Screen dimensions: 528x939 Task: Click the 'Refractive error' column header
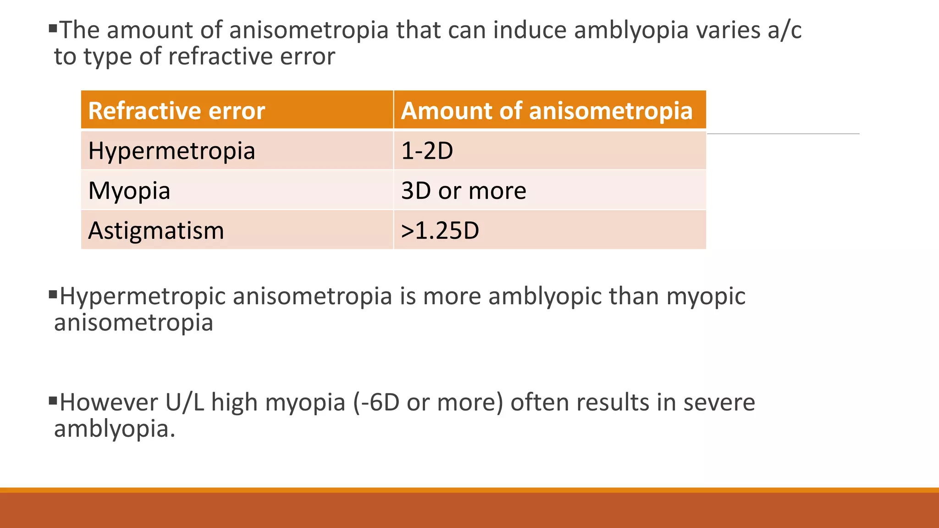click(177, 111)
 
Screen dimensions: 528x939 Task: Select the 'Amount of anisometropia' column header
click(547, 111)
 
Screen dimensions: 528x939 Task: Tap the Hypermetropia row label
click(171, 151)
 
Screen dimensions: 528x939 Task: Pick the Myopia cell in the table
click(129, 191)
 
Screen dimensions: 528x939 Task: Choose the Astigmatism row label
click(156, 231)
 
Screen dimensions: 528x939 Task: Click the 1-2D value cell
click(427, 151)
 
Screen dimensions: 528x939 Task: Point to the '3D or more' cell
click(464, 191)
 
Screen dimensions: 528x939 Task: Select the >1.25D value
click(440, 231)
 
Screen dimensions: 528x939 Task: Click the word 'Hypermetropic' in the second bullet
click(143, 296)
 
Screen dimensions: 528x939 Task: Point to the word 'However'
click(109, 402)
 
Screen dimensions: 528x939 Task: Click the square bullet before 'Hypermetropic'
click(53, 294)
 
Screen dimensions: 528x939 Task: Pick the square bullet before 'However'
click(53, 400)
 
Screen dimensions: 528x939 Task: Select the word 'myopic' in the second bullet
click(706, 296)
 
